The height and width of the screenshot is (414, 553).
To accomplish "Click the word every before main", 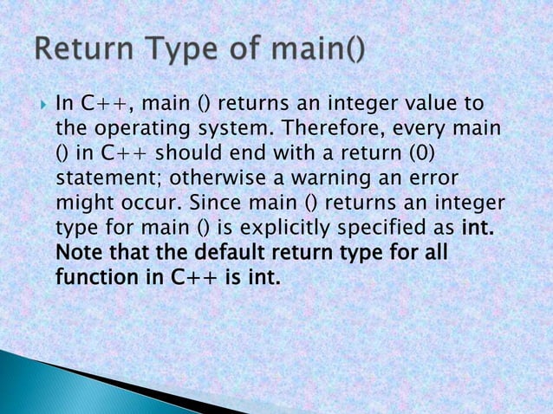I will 425,130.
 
